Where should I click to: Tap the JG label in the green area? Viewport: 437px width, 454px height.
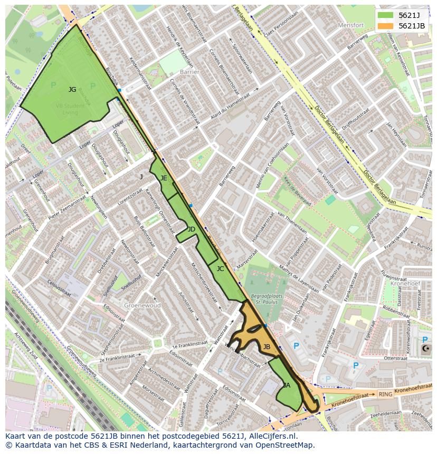72,90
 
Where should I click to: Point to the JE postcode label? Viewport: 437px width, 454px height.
164,178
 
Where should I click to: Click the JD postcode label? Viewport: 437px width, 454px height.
191,229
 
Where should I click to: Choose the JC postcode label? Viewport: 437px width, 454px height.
220,269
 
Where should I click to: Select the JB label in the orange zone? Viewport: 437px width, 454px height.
267,347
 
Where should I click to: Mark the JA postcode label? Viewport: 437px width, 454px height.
286,385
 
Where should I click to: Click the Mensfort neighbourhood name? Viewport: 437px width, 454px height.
351,25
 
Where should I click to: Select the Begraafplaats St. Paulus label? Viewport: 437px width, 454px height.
267,300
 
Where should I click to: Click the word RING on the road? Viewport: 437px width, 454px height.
385,394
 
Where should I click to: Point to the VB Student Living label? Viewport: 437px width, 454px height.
70,109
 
